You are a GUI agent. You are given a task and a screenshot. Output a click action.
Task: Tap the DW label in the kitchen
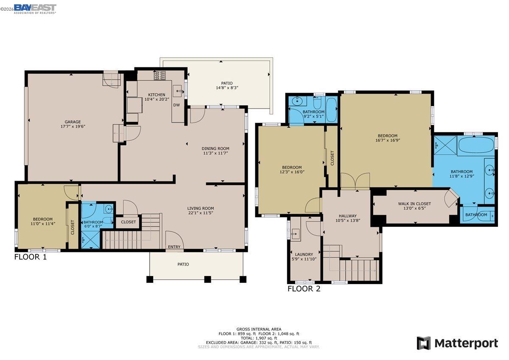tap(176, 105)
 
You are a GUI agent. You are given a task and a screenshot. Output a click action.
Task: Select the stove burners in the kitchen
tap(160, 75)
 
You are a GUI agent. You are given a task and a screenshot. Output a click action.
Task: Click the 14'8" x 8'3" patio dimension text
tap(227, 88)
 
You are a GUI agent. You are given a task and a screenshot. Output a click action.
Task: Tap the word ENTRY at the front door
tap(174, 247)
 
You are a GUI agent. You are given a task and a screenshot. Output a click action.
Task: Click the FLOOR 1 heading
tap(31, 257)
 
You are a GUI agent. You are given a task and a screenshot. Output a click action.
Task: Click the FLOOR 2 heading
tap(304, 289)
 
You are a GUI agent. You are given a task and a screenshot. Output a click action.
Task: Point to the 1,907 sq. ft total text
tap(259, 338)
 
